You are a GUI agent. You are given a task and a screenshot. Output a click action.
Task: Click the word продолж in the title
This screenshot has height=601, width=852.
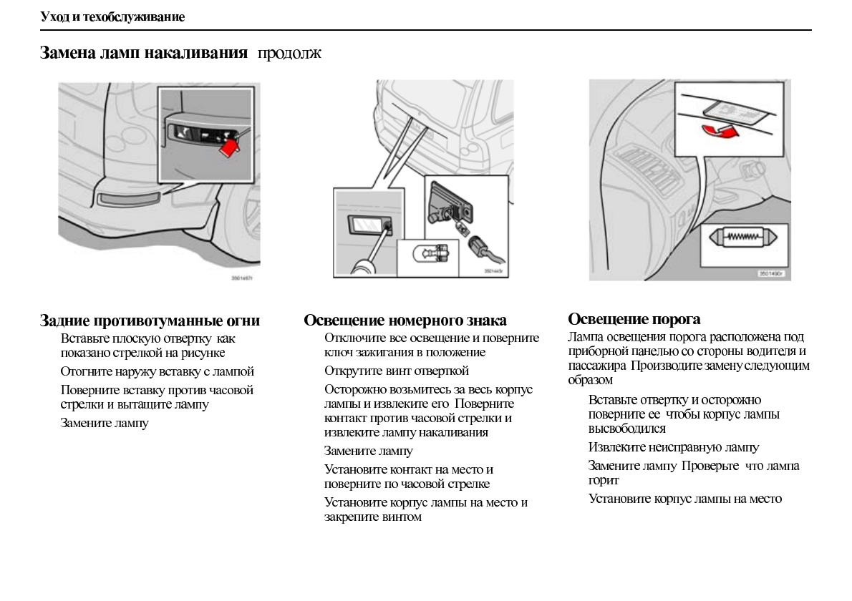pos(289,54)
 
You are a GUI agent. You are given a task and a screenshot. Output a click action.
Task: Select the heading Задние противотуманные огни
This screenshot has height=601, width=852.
pos(150,321)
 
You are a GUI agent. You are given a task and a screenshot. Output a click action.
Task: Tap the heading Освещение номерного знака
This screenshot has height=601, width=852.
pos(405,321)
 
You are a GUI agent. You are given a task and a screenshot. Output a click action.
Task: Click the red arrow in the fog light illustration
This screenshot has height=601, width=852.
pos(228,146)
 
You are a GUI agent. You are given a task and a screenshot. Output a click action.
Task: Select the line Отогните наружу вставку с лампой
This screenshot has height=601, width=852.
pos(158,371)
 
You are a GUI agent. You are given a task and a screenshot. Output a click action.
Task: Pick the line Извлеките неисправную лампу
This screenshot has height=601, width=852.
pos(673,447)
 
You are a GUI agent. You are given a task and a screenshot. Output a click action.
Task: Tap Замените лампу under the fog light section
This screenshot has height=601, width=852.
pos(105,423)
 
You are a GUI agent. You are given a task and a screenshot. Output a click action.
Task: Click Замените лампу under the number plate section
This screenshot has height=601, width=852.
pos(368,451)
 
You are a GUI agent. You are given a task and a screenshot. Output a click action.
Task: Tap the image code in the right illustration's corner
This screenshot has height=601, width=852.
pos(772,273)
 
